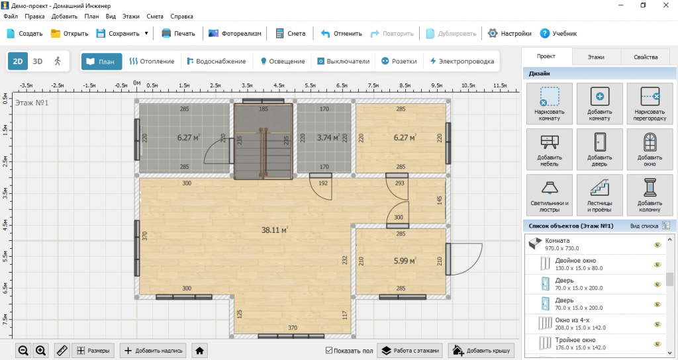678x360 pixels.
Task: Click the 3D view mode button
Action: coord(38,62)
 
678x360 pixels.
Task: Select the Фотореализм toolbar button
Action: coord(235,33)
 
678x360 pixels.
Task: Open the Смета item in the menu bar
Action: coord(155,17)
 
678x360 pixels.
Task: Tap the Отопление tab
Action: coord(152,62)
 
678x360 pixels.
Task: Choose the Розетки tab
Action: coord(399,62)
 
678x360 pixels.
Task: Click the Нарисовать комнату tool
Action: coord(549,104)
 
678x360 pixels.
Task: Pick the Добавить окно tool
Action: coord(650,149)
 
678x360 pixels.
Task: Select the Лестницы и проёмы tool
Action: coord(599,195)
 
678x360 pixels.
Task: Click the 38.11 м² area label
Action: coord(275,230)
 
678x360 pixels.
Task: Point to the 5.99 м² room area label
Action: coord(405,261)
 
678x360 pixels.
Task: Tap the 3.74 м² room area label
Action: coord(328,138)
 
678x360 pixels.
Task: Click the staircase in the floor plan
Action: coord(264,141)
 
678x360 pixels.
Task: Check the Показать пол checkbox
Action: coord(329,351)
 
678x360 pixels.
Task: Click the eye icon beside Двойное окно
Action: coord(657,265)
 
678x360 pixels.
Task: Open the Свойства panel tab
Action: coord(646,57)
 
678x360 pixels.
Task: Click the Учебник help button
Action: coord(558,33)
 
